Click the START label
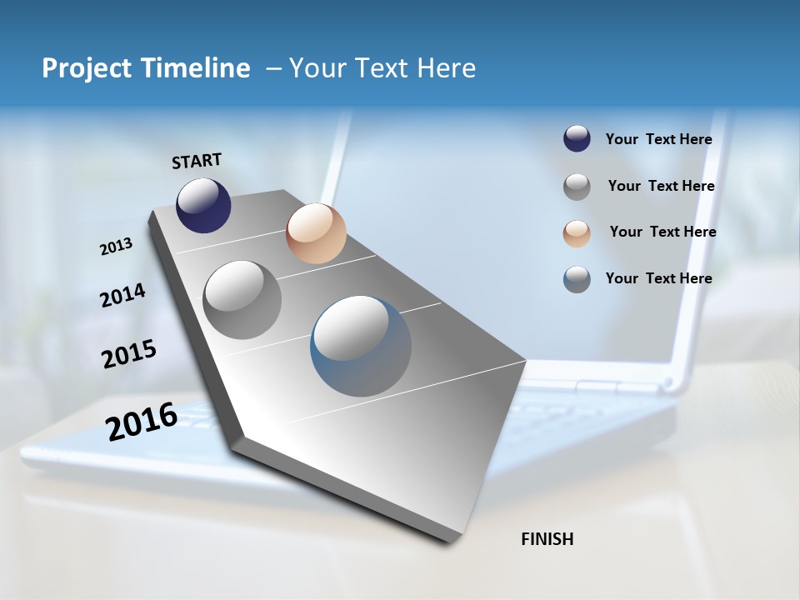point(197,161)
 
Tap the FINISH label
point(547,539)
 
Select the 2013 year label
point(116,247)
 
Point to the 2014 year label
point(122,295)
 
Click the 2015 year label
point(129,354)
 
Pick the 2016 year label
point(142,421)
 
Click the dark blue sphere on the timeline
point(203,205)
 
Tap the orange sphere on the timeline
point(316,233)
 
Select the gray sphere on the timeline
point(242,300)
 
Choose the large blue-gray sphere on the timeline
point(361,346)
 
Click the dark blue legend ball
point(577,139)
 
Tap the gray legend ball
point(577,187)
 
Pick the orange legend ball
point(577,233)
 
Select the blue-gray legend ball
point(577,279)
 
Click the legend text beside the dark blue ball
point(658,139)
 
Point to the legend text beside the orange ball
point(662,232)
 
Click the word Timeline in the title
point(196,68)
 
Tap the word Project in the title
point(87,68)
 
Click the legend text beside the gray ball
point(661,186)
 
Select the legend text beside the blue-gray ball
point(658,278)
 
